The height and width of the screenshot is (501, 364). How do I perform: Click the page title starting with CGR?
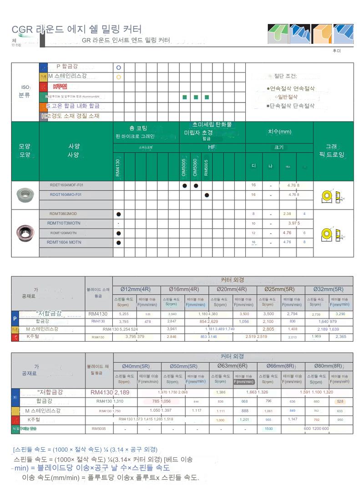(76, 30)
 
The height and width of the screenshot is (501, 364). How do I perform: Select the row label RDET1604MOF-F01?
(66, 185)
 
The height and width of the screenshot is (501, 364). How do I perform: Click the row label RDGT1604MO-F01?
(66, 194)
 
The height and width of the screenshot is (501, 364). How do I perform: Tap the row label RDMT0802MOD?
(63, 214)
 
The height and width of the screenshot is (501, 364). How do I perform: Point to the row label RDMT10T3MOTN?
(64, 223)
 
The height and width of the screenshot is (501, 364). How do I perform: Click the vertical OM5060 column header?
(195, 167)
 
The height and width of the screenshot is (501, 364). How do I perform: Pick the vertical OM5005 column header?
(184, 167)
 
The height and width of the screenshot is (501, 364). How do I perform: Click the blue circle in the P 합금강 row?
(118, 67)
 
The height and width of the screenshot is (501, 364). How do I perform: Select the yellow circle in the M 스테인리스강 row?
(118, 77)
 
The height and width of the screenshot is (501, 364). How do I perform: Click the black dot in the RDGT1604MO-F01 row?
(207, 195)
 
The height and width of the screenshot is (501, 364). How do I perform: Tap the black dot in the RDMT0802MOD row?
(118, 214)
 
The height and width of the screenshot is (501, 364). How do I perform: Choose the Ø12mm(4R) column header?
(135, 290)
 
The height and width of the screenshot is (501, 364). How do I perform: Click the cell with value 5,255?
(123, 314)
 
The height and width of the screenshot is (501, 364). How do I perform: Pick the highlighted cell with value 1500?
(268, 429)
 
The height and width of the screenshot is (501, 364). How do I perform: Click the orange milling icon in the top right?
(321, 34)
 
